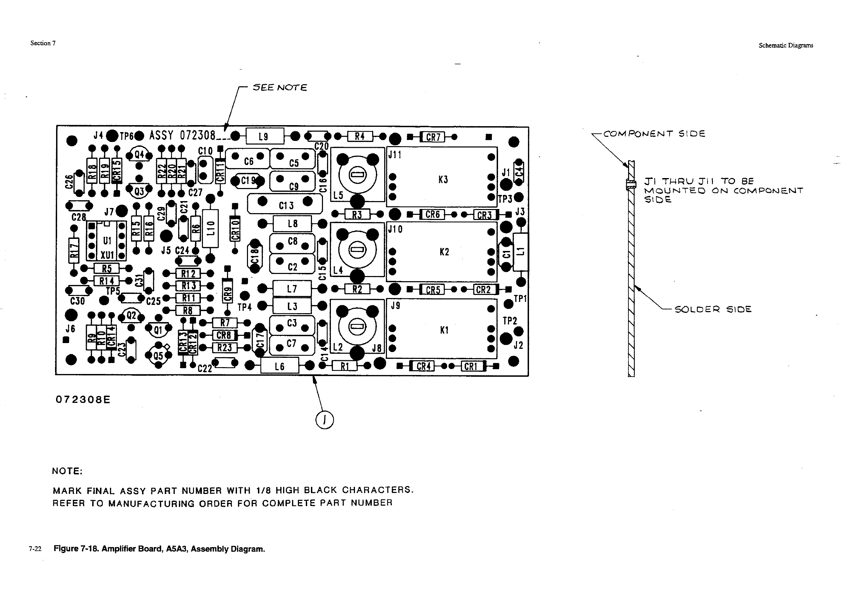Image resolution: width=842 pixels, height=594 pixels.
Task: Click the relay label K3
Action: coord(443,179)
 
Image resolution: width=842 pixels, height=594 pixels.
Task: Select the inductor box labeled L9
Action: coord(265,137)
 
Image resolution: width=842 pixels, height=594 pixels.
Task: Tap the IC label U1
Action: coord(107,240)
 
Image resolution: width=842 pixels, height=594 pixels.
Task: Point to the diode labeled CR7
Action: coord(433,137)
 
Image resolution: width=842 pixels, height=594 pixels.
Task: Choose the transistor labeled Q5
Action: coord(159,355)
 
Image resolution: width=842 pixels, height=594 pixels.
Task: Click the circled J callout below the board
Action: coord(325,420)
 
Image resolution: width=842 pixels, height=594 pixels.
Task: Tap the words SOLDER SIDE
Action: coord(713,309)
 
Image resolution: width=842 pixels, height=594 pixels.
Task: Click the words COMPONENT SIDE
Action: coord(654,134)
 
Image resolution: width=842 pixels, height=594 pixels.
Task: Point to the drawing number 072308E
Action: coord(83,399)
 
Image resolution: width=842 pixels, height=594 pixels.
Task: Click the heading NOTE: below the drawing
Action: coord(67,471)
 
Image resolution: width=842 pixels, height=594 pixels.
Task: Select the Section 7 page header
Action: coord(43,43)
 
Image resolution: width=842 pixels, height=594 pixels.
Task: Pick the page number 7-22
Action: coord(35,549)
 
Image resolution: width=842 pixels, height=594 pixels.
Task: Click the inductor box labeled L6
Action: coord(279,366)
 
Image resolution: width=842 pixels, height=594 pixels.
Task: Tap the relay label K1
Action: coord(444,330)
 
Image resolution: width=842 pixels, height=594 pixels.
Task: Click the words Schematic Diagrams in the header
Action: coord(786,45)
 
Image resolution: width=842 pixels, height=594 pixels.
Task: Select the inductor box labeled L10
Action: coord(210,228)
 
